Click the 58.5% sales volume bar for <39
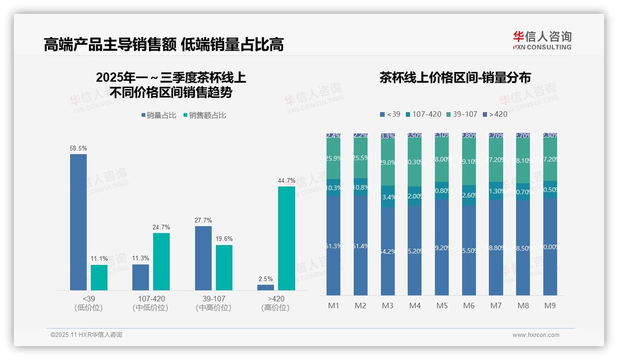[x=78, y=222]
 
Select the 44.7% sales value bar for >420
[x=286, y=238]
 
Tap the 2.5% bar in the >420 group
[x=266, y=288]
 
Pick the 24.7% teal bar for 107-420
[x=161, y=262]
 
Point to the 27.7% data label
[x=203, y=221]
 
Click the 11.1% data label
[x=99, y=259]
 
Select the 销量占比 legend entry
[x=159, y=115]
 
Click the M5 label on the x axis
[x=442, y=306]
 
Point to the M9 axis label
[x=550, y=306]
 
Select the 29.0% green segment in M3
[x=388, y=162]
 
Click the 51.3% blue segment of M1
[x=333, y=246]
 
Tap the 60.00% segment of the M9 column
[x=550, y=247]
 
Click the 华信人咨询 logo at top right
[x=542, y=41]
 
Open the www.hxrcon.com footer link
[x=536, y=335]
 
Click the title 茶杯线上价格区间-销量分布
[x=455, y=78]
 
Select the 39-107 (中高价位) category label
[x=213, y=303]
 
